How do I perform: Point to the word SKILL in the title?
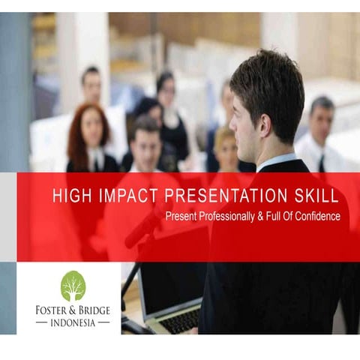pyautogui.click(x=313, y=196)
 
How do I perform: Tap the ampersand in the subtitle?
pyautogui.click(x=269, y=216)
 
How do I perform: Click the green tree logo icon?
pyautogui.click(x=73, y=285)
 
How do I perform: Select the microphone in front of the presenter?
pyautogui.click(x=142, y=229)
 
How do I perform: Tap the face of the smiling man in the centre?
pyautogui.click(x=145, y=145)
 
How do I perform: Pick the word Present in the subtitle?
pyautogui.click(x=183, y=216)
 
